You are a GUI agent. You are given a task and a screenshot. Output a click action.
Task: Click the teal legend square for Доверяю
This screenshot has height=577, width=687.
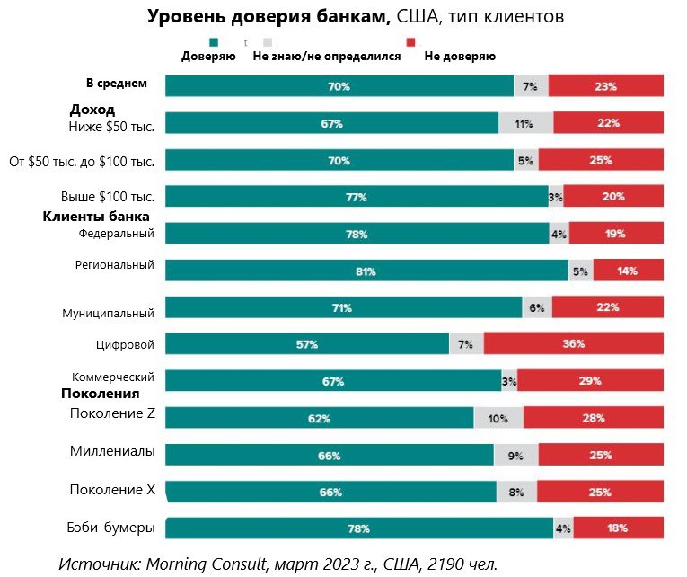click(214, 42)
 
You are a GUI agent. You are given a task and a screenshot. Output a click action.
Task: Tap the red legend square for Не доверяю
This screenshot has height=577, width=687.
click(410, 42)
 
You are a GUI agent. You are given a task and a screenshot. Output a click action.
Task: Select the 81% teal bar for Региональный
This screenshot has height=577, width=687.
click(366, 271)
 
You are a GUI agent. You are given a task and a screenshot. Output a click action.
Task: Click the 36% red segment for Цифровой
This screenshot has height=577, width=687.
click(573, 343)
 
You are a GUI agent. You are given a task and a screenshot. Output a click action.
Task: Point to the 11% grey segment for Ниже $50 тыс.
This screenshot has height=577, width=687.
click(525, 123)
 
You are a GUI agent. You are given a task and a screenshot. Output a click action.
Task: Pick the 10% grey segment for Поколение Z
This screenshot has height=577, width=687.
click(498, 418)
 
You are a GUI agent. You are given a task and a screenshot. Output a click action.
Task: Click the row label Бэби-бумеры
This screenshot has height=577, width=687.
click(112, 527)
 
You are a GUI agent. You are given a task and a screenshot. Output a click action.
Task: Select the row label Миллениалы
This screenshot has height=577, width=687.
click(112, 450)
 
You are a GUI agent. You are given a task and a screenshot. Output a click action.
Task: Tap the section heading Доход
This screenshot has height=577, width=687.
click(92, 110)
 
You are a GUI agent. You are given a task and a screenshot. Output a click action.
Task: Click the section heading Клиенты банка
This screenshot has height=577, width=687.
click(96, 217)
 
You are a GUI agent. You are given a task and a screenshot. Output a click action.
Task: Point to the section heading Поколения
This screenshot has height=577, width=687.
click(100, 394)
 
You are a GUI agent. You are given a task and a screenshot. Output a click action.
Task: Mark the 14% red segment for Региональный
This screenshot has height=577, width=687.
click(628, 271)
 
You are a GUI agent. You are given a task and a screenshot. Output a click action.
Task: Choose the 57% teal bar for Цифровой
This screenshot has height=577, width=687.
click(307, 343)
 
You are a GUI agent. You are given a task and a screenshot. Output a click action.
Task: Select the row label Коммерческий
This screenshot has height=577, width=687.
click(113, 377)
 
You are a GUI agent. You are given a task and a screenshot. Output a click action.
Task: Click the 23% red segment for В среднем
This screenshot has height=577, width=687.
click(605, 86)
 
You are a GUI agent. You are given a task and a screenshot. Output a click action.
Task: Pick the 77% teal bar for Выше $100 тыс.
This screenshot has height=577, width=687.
click(357, 197)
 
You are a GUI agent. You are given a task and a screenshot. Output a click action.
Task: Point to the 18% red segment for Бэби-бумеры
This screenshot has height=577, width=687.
click(618, 528)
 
